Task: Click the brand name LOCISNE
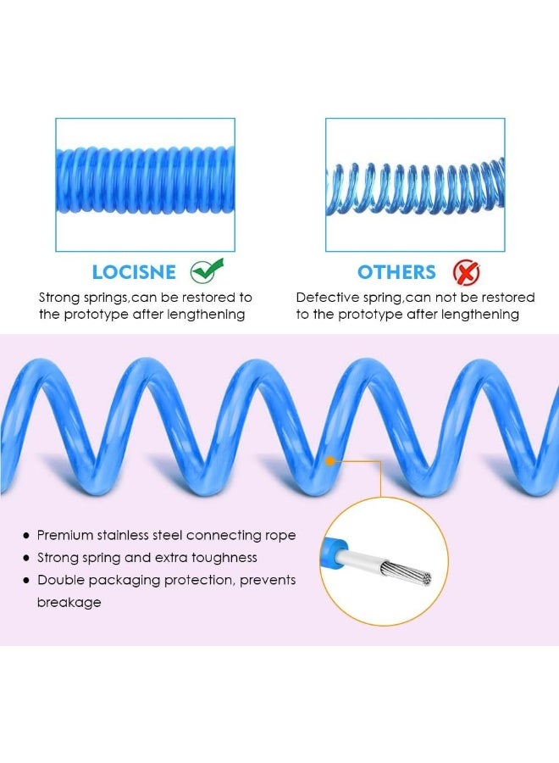[134, 272]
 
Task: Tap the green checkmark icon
[207, 270]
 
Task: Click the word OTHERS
[396, 272]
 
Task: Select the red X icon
[466, 272]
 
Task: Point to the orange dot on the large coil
[330, 460]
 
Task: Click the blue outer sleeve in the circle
[335, 549]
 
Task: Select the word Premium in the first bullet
[65, 535]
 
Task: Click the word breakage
[69, 603]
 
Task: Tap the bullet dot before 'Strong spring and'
[26, 558]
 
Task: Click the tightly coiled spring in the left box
[146, 180]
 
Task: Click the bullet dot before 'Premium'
[26, 536]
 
